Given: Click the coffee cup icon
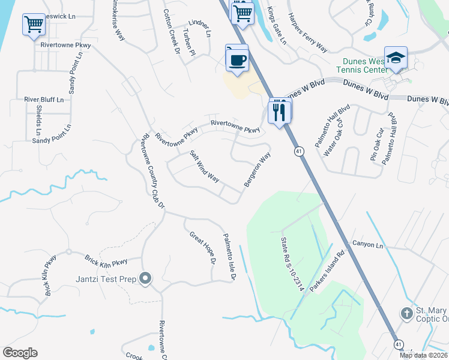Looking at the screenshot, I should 237,59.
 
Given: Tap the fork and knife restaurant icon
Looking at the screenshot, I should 279,111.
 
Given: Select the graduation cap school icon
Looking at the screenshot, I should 396,58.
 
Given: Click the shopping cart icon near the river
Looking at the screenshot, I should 34,25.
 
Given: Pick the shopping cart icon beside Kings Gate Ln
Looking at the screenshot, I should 243,12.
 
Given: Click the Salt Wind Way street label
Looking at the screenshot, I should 205,166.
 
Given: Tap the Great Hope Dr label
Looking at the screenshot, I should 202,247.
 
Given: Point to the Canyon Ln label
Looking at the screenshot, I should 367,245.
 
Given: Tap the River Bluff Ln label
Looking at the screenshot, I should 44,99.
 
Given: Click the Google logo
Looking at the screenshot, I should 20,353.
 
